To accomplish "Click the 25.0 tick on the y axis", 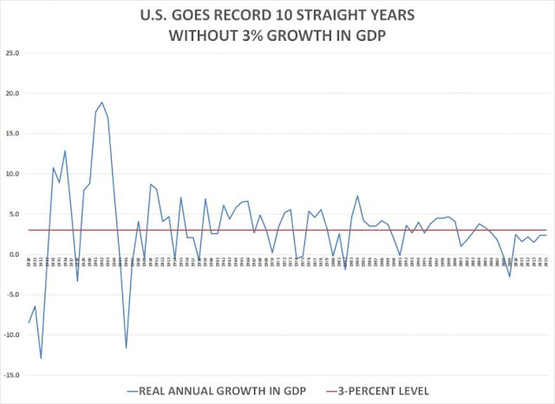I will coord(12,53).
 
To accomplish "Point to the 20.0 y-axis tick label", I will coord(12,94).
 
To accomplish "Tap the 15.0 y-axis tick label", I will coord(12,134).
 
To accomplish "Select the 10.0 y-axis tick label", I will coord(12,174).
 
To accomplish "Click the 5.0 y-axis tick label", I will coord(14,214).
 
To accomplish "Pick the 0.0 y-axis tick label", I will coord(14,255).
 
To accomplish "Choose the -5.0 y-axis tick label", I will coord(13,295).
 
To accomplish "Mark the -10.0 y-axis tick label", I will coord(11,336).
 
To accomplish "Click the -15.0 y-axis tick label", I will coord(11,375).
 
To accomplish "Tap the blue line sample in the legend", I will coord(137,391).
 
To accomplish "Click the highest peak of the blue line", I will coord(101,102).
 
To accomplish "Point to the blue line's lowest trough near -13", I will coord(41,358).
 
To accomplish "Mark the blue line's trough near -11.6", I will coord(126,348).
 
